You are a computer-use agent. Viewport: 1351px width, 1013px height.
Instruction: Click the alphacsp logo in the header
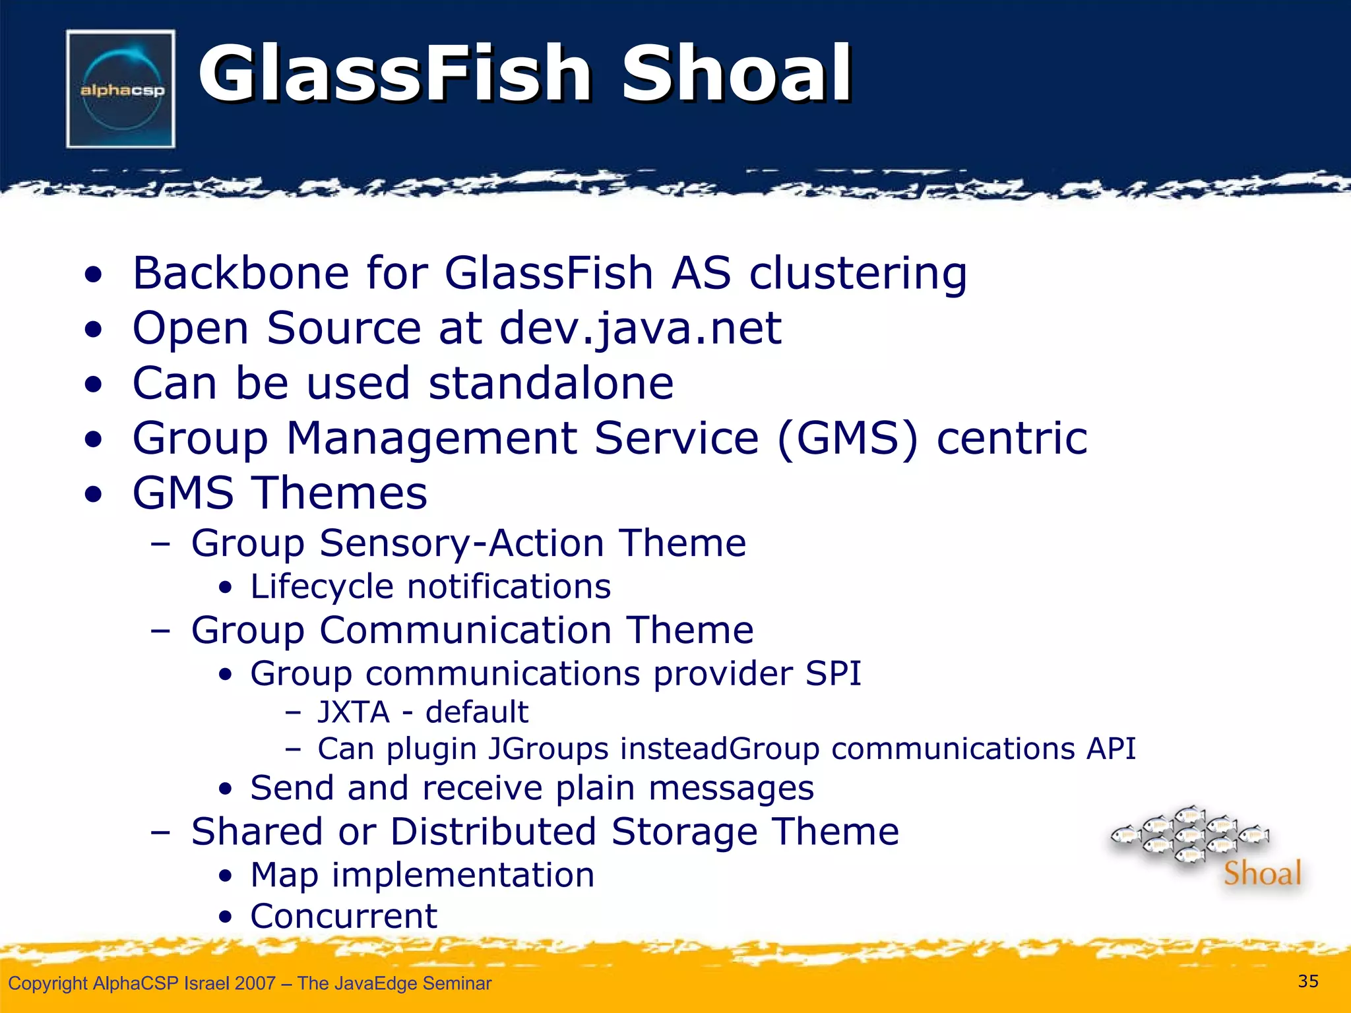click(x=121, y=89)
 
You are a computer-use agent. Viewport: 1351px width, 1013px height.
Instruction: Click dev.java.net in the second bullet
click(x=640, y=328)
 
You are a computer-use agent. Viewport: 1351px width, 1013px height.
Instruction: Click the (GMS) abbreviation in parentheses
click(x=848, y=438)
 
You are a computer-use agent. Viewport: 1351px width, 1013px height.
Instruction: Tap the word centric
click(x=1012, y=438)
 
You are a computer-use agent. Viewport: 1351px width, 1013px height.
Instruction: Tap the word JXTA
click(x=354, y=712)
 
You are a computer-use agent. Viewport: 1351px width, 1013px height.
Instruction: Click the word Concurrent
click(x=343, y=916)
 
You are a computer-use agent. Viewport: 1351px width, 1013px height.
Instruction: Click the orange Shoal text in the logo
click(x=1262, y=873)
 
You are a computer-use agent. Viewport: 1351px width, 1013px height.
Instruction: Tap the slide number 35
click(x=1307, y=981)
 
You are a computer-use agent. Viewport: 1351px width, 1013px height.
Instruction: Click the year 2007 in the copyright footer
click(x=255, y=983)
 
